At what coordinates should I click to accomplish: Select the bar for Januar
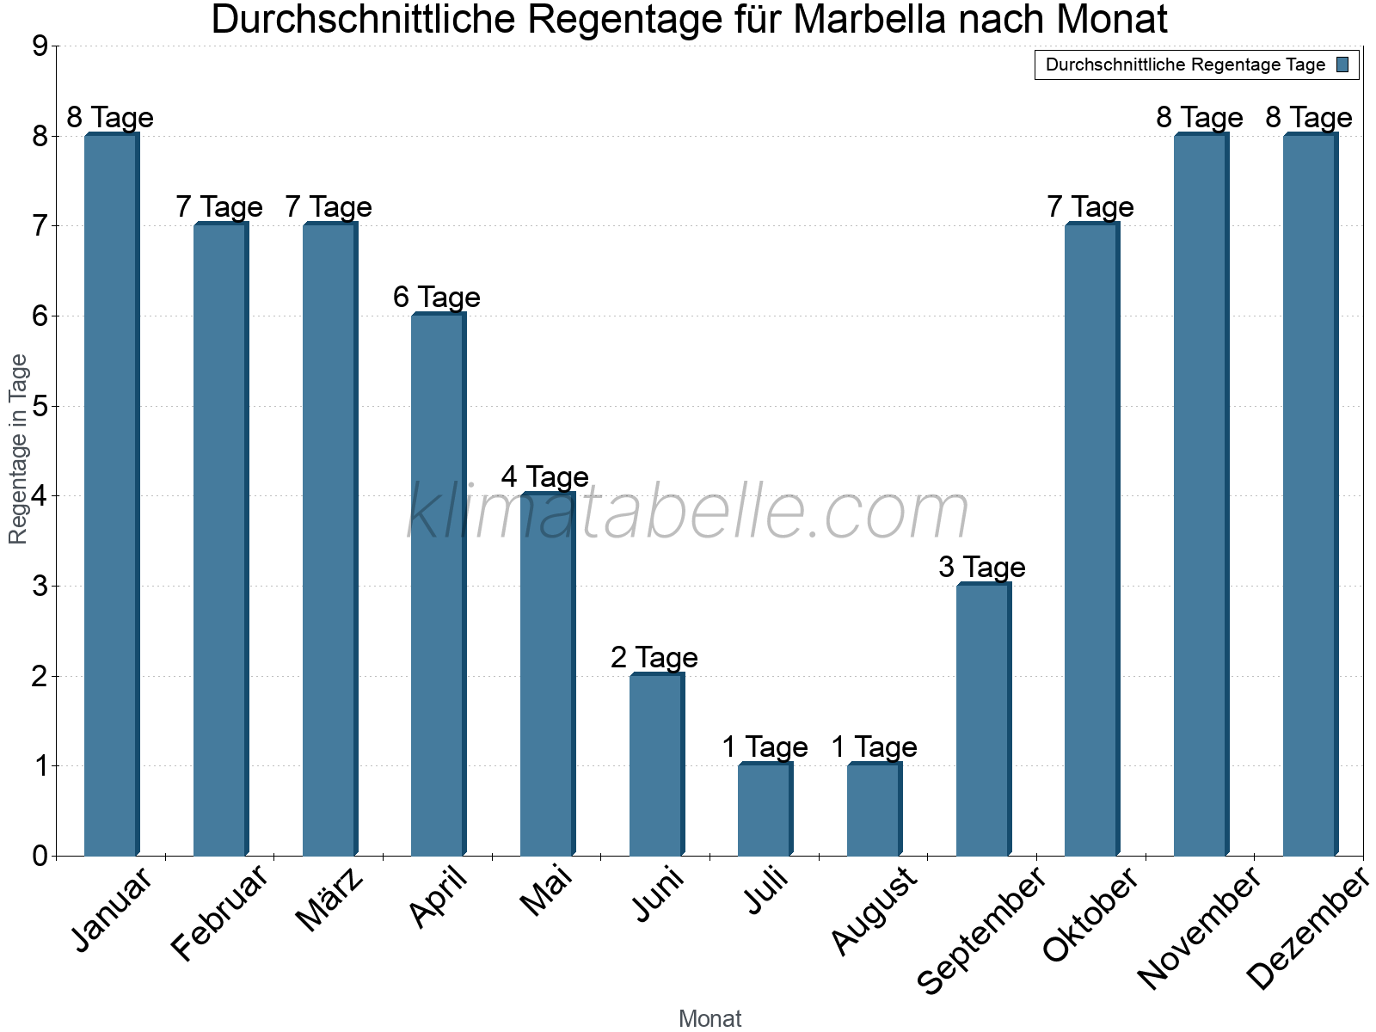point(111,494)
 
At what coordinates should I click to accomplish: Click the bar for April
point(438,585)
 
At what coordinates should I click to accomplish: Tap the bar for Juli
point(765,809)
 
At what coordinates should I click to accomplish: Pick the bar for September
point(983,720)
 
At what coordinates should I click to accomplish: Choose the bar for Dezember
point(1310,494)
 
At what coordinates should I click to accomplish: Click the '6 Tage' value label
point(437,298)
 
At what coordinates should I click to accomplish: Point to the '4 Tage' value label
point(545,477)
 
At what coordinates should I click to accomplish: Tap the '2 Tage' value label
point(654,658)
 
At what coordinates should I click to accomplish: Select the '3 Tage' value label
point(982,568)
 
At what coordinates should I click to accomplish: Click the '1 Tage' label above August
point(874,747)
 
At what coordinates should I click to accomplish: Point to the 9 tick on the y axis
point(40,46)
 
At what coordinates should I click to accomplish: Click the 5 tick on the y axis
point(40,406)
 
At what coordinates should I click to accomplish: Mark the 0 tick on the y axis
point(40,856)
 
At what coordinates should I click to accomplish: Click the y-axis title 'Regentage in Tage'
point(19,449)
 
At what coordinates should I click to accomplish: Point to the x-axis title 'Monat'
point(709,1019)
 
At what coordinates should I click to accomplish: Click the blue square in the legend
point(1343,64)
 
